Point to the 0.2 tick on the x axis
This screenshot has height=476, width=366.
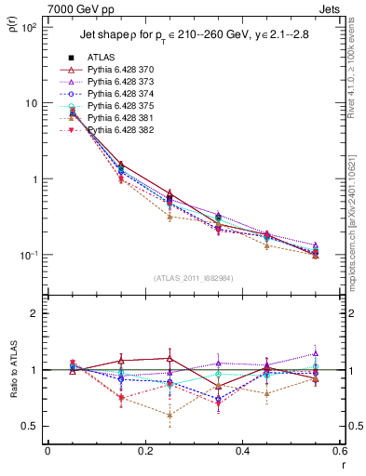coord(144,451)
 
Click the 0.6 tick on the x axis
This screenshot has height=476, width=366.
coord(339,451)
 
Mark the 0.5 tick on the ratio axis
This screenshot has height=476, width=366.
coord(33,426)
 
